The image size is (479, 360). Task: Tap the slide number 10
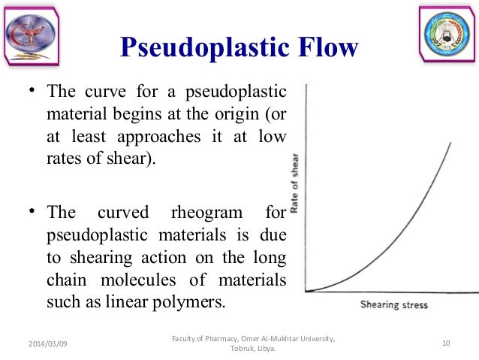(446, 343)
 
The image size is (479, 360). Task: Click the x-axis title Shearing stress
(393, 305)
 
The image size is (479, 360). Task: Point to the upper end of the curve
(450, 142)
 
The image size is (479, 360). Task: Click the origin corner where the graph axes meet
(306, 292)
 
